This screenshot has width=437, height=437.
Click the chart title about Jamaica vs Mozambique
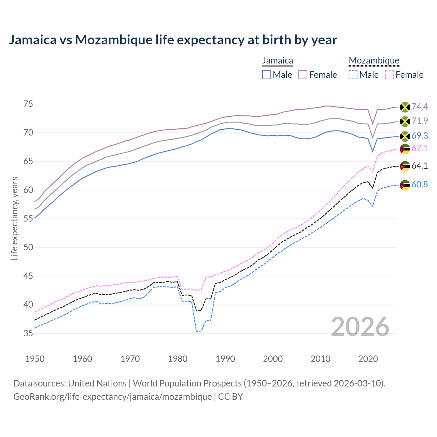173,40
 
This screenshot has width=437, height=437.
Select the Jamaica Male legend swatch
267,75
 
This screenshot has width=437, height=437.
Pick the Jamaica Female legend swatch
303,75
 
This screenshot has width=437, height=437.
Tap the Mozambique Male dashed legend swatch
353,75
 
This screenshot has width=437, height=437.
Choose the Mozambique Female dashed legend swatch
390,75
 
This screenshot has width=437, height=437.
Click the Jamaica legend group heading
278,60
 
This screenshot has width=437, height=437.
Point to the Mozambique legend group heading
374,60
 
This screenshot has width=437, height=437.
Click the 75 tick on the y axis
28,104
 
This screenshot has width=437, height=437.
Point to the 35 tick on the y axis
28,333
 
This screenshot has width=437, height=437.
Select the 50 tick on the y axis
28,247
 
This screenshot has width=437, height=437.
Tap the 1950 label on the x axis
35,359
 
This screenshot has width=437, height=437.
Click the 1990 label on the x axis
225,359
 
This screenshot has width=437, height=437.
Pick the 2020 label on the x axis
368,359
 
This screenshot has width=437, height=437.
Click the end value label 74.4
420,107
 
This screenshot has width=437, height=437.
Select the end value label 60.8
420,185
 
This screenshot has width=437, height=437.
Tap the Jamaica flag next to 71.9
405,121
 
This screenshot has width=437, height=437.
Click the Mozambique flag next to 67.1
405,149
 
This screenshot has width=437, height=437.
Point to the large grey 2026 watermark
360,327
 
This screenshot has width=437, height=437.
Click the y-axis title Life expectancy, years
15,218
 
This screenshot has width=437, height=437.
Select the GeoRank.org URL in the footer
112,397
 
